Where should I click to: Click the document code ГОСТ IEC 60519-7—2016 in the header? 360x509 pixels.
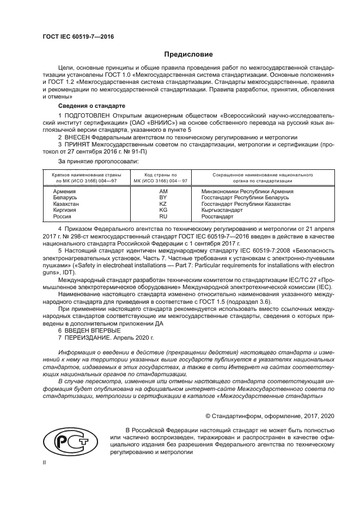pyautogui.click(x=73, y=38)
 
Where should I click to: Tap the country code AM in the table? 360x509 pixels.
pyautogui.click(x=163, y=192)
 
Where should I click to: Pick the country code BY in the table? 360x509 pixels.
pyautogui.click(x=163, y=198)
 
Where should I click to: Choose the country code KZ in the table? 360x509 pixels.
pyautogui.click(x=163, y=204)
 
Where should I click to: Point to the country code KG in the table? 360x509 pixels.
pyautogui.click(x=163, y=210)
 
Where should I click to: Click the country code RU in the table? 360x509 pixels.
pyautogui.click(x=163, y=216)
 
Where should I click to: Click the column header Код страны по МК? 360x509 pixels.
pyautogui.click(x=162, y=178)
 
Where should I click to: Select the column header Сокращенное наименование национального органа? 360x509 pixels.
pyautogui.click(x=254, y=178)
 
